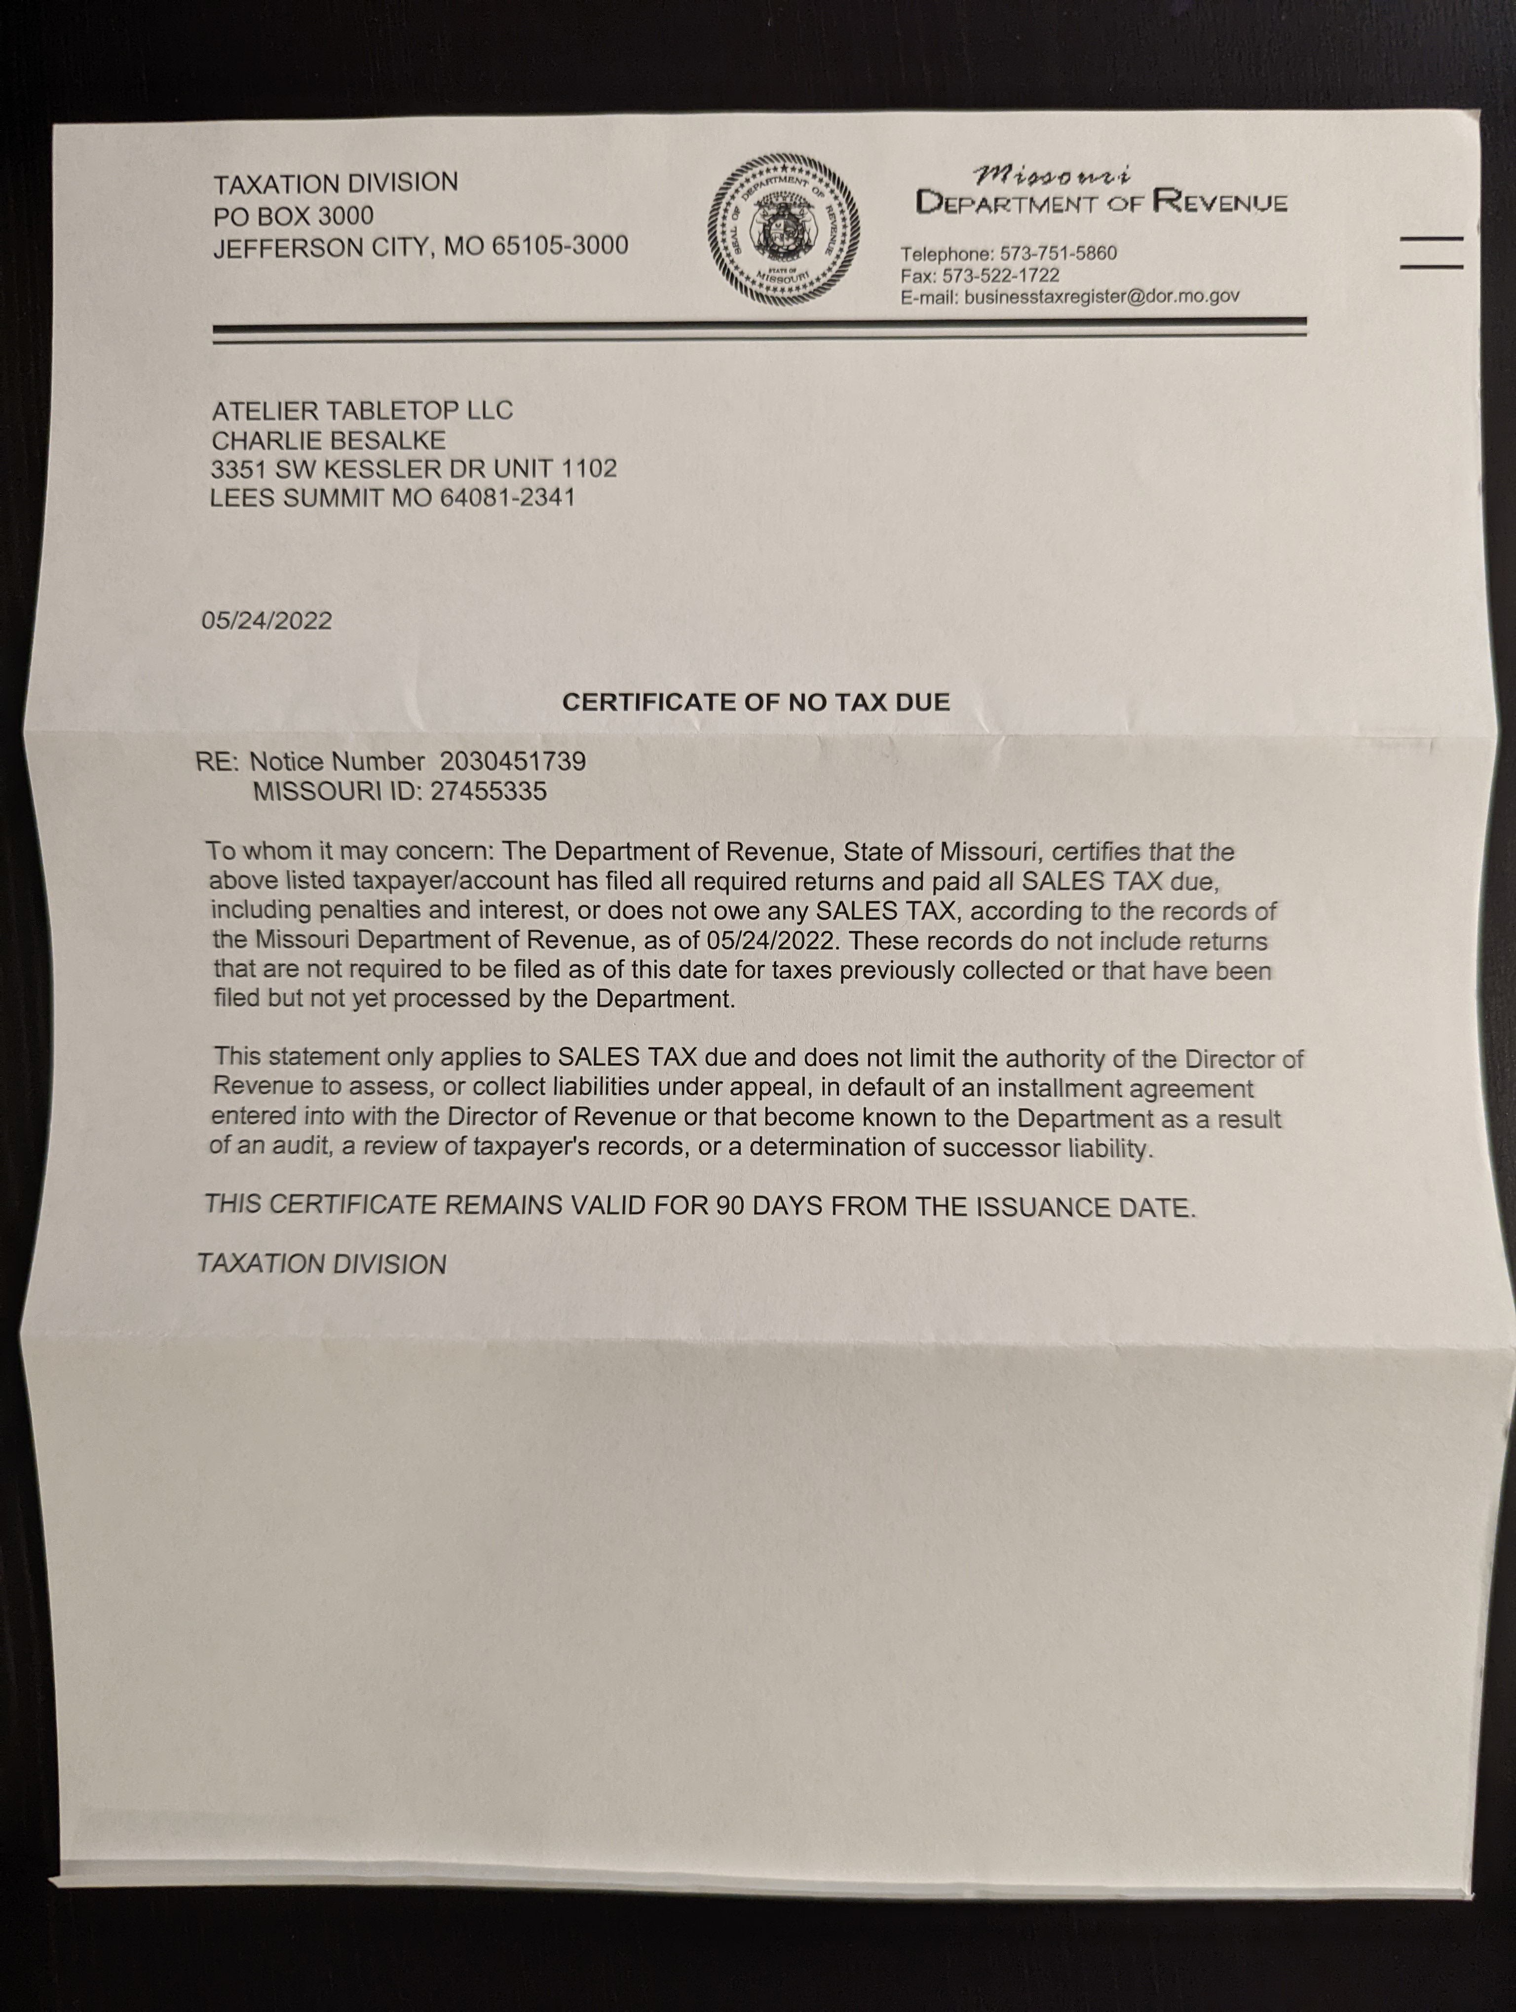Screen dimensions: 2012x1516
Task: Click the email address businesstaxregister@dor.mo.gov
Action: (x=1101, y=296)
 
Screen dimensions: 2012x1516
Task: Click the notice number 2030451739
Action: (x=512, y=761)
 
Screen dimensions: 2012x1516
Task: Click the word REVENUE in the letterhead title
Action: (x=1219, y=201)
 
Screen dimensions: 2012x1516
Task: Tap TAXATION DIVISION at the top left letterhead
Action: (x=336, y=184)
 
